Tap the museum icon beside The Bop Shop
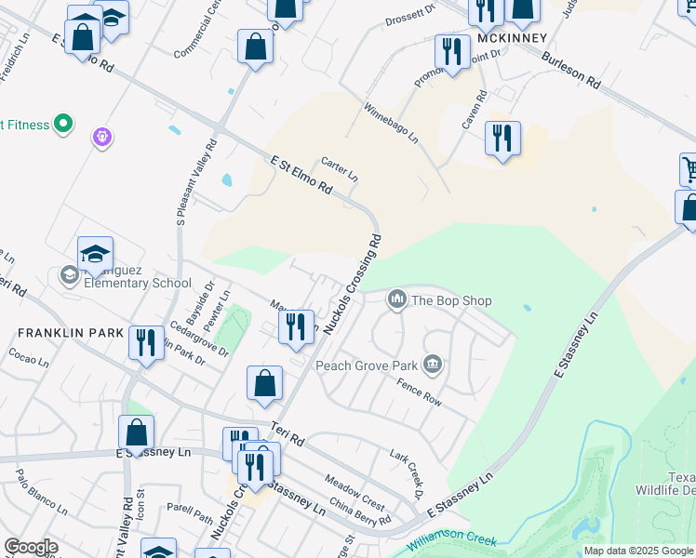point(397,299)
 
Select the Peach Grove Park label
point(367,365)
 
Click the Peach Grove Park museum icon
point(432,364)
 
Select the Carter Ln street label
point(340,167)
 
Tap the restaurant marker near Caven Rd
point(502,139)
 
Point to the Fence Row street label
point(418,392)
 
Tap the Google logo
point(31,547)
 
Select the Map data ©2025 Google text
point(637,551)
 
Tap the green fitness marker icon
point(63,123)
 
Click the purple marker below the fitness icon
point(103,138)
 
